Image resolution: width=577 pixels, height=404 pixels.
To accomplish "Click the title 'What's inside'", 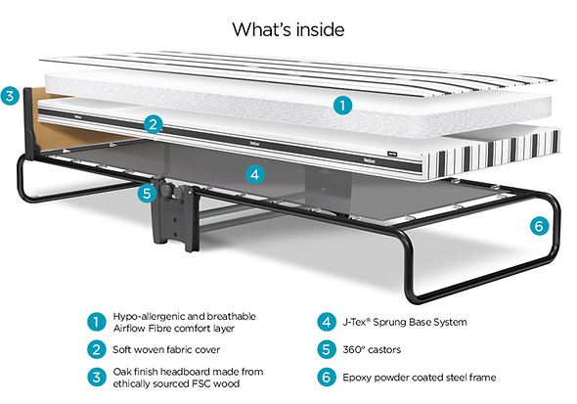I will point(288,29).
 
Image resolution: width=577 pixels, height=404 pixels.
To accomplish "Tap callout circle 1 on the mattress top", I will point(340,104).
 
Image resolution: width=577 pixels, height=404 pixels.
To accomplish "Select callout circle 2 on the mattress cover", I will point(153,123).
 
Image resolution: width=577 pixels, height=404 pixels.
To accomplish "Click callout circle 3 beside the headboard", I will point(11,96).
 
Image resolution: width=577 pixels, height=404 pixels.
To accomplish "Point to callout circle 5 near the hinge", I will point(147,193).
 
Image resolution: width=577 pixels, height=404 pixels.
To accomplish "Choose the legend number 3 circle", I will point(96,377).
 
